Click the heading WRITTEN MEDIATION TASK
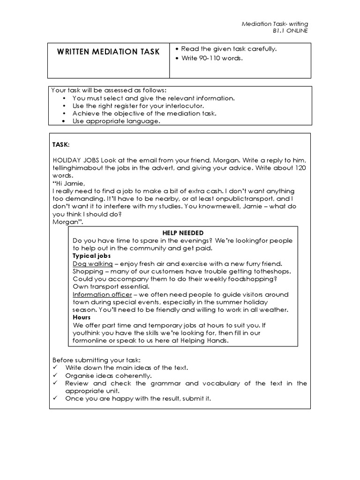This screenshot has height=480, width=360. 108,52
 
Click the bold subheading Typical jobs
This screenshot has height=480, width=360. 91,256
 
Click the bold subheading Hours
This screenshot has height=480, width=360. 82,317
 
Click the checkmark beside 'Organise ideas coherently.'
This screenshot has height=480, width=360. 55,375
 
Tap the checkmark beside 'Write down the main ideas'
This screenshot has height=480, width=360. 55,367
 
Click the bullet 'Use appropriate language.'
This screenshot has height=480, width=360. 116,121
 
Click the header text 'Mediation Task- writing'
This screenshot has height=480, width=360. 275,24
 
